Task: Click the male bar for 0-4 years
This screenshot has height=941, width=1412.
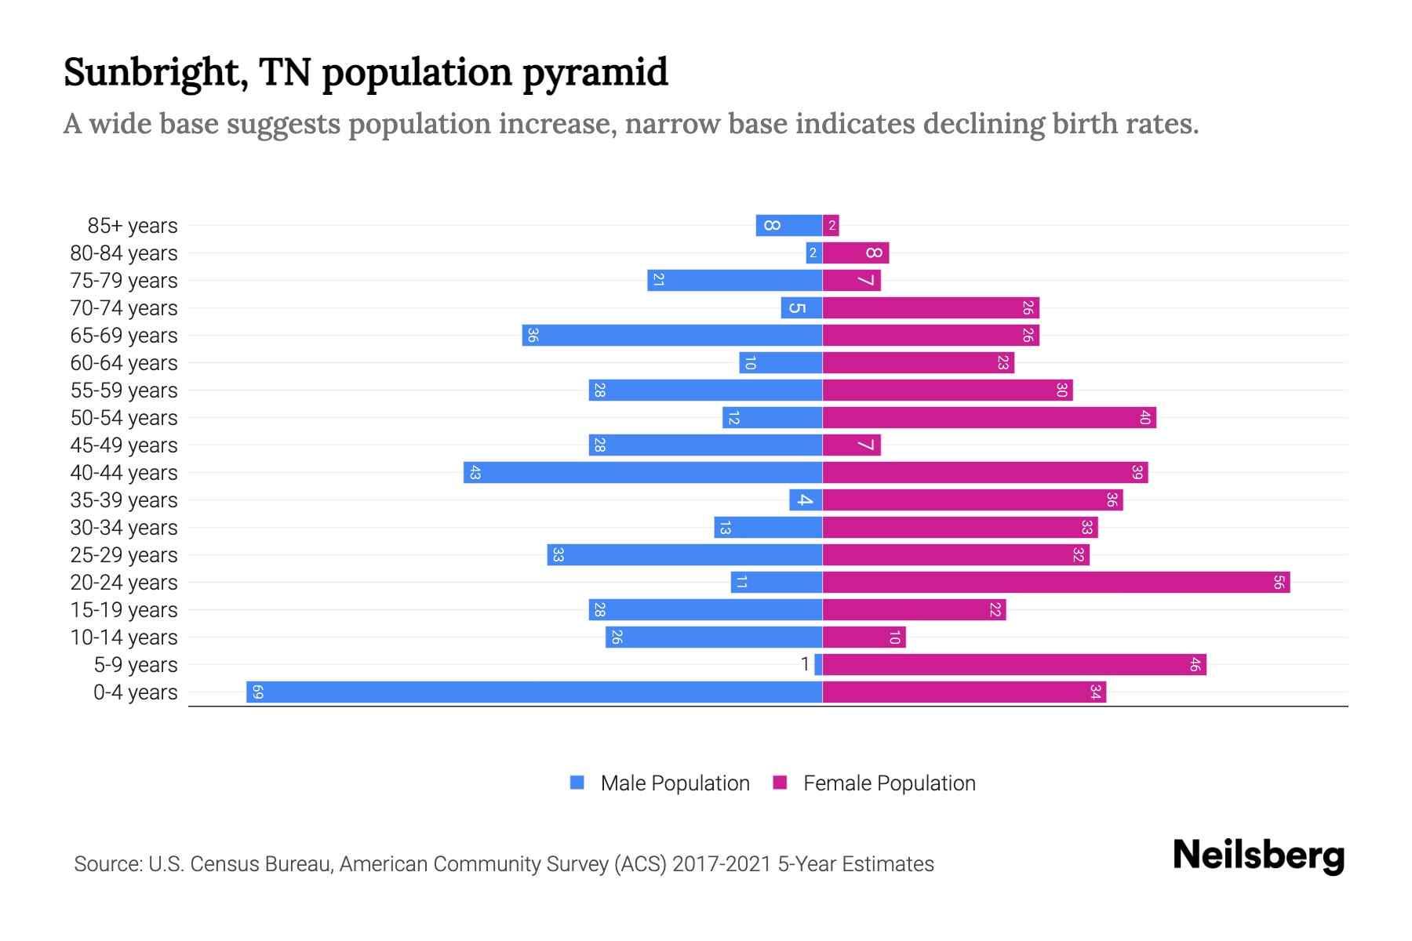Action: tap(533, 692)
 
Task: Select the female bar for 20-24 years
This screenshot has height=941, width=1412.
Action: tap(1056, 582)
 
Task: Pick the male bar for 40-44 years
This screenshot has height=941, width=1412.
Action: tap(642, 472)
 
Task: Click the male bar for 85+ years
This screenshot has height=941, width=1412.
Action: tap(788, 225)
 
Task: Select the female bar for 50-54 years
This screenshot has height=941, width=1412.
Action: tap(988, 417)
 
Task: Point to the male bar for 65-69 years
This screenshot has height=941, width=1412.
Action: tap(671, 335)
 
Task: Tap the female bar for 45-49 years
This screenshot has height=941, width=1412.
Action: tap(851, 445)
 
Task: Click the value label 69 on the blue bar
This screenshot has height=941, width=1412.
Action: tap(257, 692)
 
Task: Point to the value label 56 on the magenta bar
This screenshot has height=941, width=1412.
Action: tap(1279, 582)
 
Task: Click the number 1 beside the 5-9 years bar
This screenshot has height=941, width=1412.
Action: tap(805, 664)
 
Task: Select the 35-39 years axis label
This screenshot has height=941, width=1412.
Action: tap(124, 500)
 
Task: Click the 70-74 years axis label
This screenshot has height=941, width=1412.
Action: tap(124, 307)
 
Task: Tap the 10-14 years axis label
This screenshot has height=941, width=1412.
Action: tap(124, 637)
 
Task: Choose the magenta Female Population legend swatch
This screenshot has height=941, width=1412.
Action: tap(780, 783)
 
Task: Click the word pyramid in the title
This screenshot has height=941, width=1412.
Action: tap(595, 72)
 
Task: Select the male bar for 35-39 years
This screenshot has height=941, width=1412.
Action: tap(806, 500)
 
